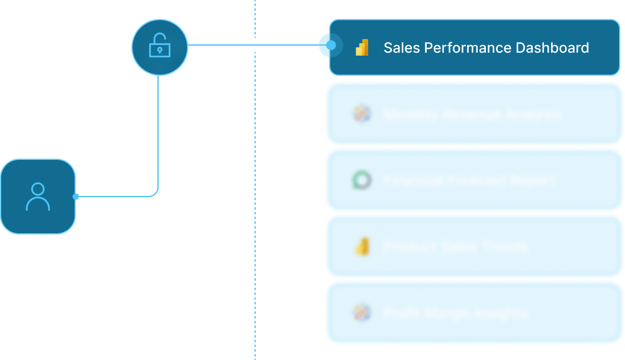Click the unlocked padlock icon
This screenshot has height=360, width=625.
tap(159, 46)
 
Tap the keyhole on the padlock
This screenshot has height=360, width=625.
tap(159, 51)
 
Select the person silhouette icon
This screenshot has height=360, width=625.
tap(38, 197)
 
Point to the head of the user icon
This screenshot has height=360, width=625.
tap(38, 189)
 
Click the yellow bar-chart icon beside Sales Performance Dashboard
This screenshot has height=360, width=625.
tap(362, 47)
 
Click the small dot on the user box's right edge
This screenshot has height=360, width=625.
tap(76, 196)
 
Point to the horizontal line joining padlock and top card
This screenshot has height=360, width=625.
tap(254, 45)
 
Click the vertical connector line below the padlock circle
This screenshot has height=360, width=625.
tap(158, 130)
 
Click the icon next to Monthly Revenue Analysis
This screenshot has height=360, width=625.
tap(361, 114)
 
